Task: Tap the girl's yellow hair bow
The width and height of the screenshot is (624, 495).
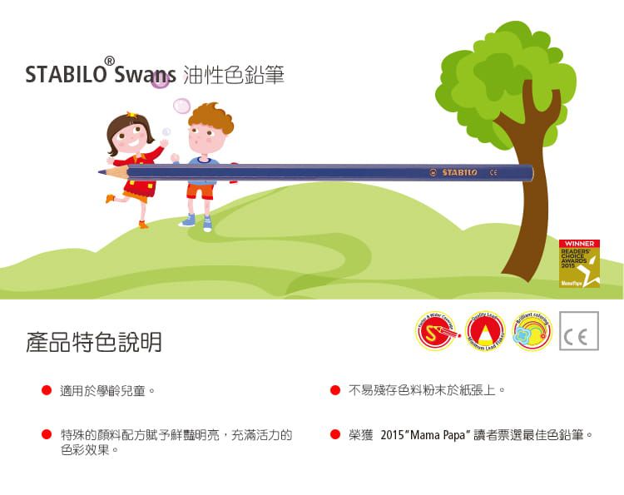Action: (131, 116)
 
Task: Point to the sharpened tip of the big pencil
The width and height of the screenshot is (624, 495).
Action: (101, 172)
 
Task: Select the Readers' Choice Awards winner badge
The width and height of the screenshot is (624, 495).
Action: (579, 264)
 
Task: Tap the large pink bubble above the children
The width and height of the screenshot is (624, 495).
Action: (181, 106)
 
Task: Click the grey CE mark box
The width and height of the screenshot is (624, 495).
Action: (579, 331)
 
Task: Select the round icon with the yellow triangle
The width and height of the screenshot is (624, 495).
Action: (485, 331)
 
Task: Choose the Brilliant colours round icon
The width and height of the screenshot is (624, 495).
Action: (532, 331)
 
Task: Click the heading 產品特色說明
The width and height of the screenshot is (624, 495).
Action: (94, 342)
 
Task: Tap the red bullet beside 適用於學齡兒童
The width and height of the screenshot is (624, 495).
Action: (47, 390)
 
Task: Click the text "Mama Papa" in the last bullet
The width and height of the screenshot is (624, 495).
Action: (438, 434)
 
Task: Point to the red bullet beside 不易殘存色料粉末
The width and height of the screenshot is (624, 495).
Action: (334, 390)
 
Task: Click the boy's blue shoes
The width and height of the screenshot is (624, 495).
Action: (197, 221)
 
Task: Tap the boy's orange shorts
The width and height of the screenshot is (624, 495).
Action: (200, 191)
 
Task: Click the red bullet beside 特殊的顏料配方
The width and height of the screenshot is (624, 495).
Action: (47, 434)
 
